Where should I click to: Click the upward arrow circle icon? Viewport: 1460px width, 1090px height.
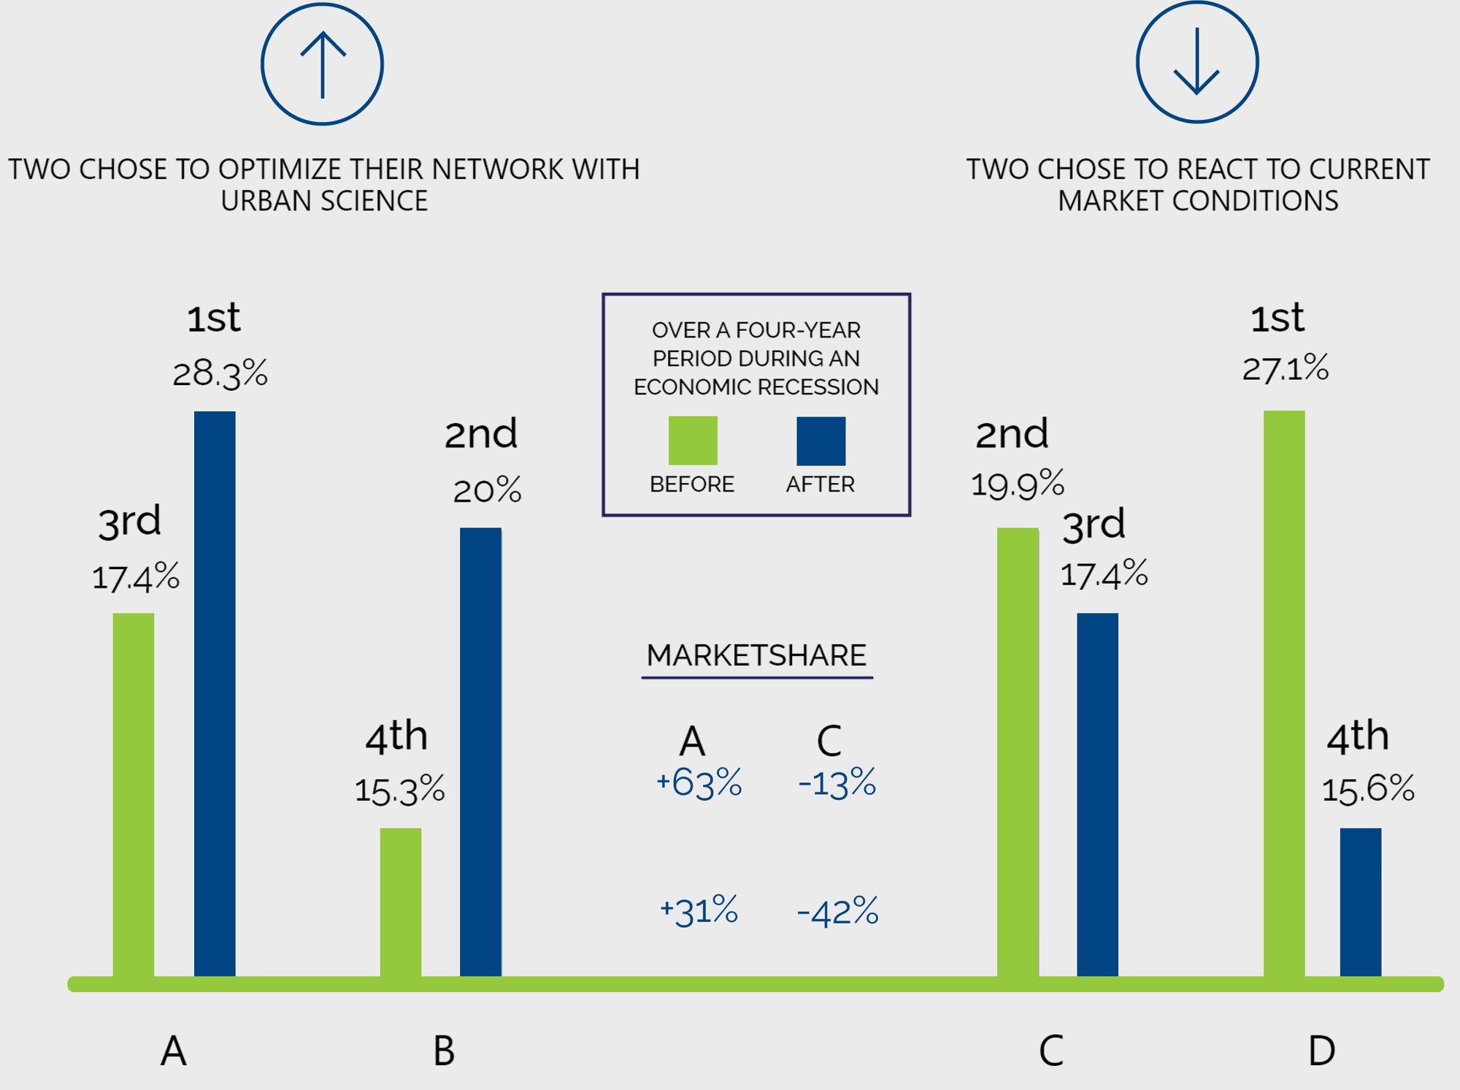[x=322, y=64]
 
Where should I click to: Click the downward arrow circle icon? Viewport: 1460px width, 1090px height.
[x=1197, y=63]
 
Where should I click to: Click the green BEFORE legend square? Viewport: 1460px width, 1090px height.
[x=693, y=441]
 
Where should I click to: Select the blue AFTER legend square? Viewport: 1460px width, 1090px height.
[x=821, y=441]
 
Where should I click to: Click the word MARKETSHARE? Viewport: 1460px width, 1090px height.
[x=756, y=655]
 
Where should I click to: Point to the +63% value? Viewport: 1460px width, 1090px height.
[x=699, y=782]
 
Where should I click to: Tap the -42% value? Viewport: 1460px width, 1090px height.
[x=837, y=911]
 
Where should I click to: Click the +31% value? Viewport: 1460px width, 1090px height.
[x=699, y=911]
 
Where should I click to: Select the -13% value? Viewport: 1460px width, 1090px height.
[x=837, y=783]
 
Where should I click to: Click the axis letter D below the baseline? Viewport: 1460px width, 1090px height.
[x=1321, y=1051]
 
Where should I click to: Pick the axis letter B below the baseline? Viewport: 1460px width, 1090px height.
[x=444, y=1051]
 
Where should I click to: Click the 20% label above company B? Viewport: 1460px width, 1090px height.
[x=487, y=490]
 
